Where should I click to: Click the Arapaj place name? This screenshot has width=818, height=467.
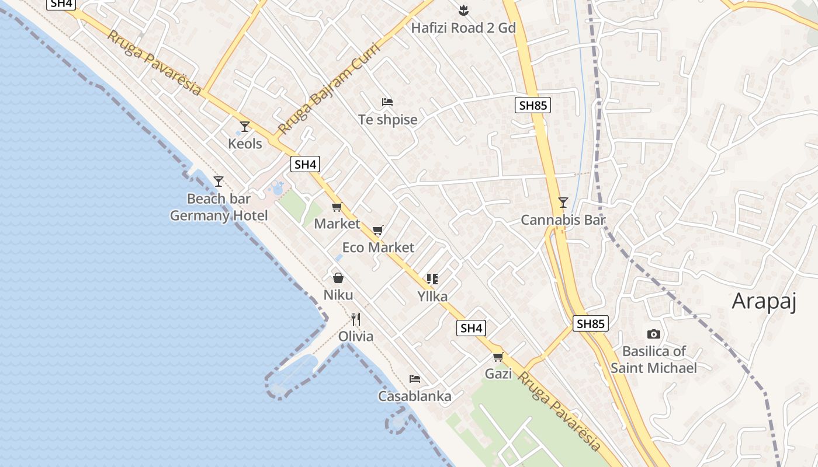pyautogui.click(x=764, y=301)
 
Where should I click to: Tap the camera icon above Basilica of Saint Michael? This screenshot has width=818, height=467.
pyautogui.click(x=654, y=334)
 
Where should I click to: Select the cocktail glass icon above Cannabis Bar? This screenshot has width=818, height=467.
pyautogui.click(x=563, y=203)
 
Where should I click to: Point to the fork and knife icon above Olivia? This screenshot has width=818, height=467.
pyautogui.click(x=356, y=319)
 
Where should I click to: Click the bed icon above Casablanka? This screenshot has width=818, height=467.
pyautogui.click(x=415, y=379)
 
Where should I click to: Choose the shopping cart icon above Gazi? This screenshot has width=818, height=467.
pyautogui.click(x=498, y=357)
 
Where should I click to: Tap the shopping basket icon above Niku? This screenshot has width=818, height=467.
pyautogui.click(x=338, y=278)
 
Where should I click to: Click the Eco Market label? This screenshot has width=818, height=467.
pyautogui.click(x=378, y=248)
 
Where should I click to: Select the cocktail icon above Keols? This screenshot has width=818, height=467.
pyautogui.click(x=245, y=126)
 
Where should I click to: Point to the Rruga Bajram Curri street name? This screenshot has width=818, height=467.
pyautogui.click(x=330, y=88)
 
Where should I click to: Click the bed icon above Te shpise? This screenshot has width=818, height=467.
pyautogui.click(x=387, y=102)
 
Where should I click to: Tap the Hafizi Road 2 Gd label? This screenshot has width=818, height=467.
pyautogui.click(x=463, y=27)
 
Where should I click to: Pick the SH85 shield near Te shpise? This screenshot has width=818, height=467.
pyautogui.click(x=533, y=105)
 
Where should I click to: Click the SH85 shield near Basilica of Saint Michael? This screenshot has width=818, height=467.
pyautogui.click(x=590, y=323)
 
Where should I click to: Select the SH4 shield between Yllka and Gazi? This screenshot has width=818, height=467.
pyautogui.click(x=471, y=328)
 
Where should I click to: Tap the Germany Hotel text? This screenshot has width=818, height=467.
pyautogui.click(x=219, y=216)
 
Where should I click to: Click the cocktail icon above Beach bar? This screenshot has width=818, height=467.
pyautogui.click(x=219, y=182)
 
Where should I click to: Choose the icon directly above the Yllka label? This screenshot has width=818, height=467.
pyautogui.click(x=432, y=279)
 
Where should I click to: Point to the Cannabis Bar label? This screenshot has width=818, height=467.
pyautogui.click(x=563, y=220)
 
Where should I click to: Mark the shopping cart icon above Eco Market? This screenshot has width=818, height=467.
pyautogui.click(x=378, y=230)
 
